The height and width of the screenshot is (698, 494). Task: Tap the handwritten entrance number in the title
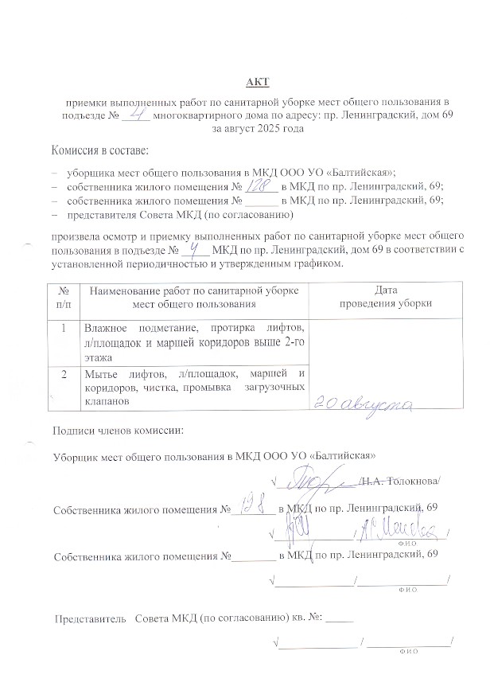[x=136, y=115]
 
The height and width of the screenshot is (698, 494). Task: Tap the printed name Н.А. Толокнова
[x=399, y=482]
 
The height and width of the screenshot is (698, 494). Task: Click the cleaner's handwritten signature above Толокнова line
[x=317, y=479]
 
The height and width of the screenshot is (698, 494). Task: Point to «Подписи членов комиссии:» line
[x=117, y=431]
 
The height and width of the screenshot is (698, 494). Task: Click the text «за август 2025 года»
[x=259, y=129]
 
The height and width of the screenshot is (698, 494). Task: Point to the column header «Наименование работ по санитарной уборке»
[x=194, y=291]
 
